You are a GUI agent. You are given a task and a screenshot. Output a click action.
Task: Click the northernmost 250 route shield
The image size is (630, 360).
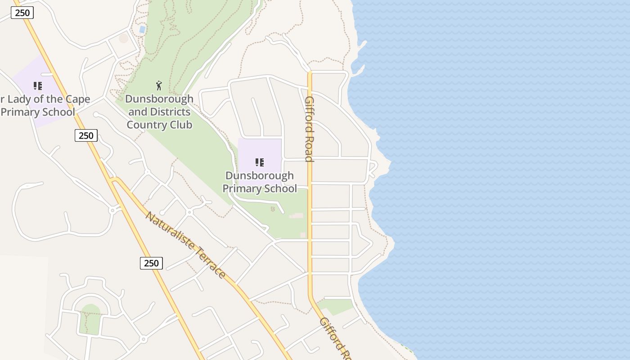tap(22, 13)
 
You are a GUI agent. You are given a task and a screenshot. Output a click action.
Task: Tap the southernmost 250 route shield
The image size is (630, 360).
tap(151, 263)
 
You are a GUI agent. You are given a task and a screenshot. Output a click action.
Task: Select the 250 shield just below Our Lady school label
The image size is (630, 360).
tap(85, 135)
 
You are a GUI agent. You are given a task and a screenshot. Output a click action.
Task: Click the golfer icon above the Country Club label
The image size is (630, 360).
tap(159, 85)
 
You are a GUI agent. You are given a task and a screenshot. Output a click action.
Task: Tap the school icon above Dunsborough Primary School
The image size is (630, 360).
tap(259, 162)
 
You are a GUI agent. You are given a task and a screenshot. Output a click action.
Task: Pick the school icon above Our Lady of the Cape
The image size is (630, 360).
tap(38, 85)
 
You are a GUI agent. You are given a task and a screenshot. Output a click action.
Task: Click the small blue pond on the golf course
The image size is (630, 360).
tap(142, 30)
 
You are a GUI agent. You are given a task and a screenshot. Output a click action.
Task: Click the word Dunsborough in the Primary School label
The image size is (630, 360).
tap(259, 175)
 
